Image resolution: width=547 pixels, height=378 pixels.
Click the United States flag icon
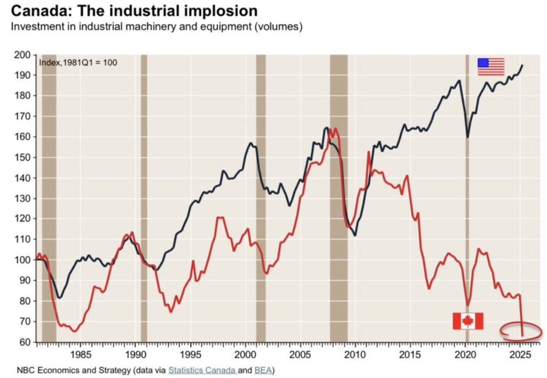tap(490, 67)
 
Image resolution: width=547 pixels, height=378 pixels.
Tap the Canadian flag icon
tap(467, 321)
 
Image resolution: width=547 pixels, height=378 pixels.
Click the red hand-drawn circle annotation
tap(521, 331)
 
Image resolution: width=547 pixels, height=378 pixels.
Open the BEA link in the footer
tap(262, 369)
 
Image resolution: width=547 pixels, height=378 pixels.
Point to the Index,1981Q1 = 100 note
tap(78, 62)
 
